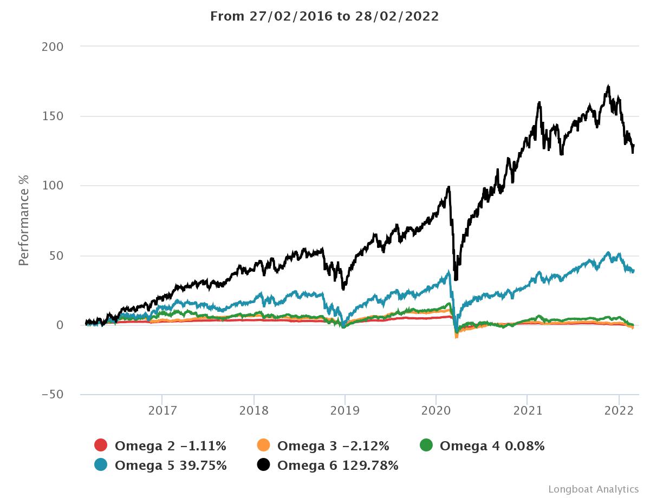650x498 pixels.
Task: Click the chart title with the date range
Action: pyautogui.click(x=324, y=16)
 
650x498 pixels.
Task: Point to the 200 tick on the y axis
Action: pyautogui.click(x=53, y=47)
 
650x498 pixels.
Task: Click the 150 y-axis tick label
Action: pyautogui.click(x=53, y=116)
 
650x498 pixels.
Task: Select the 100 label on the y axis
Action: pyautogui.click(x=53, y=186)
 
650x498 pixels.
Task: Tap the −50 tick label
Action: pyautogui.click(x=53, y=395)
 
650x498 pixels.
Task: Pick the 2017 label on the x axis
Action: pyautogui.click(x=162, y=411)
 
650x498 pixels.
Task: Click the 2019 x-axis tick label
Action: pyautogui.click(x=345, y=411)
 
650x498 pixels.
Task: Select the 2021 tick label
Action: pyautogui.click(x=528, y=411)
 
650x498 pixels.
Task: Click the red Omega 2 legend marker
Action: pyautogui.click(x=101, y=445)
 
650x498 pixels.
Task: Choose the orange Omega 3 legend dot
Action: pyautogui.click(x=263, y=445)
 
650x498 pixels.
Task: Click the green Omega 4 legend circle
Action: pyautogui.click(x=426, y=445)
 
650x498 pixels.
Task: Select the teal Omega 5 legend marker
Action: pyautogui.click(x=101, y=465)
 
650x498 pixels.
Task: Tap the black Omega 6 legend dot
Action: pyautogui.click(x=263, y=465)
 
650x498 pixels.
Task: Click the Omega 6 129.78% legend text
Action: pyautogui.click(x=337, y=465)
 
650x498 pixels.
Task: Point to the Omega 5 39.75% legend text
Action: pyautogui.click(x=171, y=465)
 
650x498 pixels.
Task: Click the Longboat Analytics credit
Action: pyautogui.click(x=594, y=489)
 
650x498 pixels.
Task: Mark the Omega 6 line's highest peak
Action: pyautogui.click(x=609, y=86)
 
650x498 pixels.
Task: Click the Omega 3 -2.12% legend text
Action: pyautogui.click(x=333, y=445)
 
